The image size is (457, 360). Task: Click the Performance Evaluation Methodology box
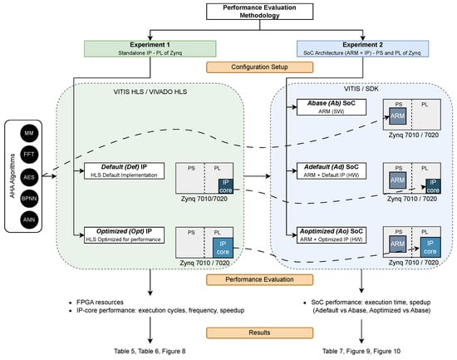click(x=260, y=12)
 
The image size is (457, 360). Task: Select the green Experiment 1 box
click(x=150, y=48)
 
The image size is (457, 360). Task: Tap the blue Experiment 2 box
click(x=362, y=48)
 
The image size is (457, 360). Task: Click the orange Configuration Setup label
click(x=260, y=67)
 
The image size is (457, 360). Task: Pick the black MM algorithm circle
click(x=29, y=133)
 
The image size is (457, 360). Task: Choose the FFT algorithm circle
click(x=29, y=155)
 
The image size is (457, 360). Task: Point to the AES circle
click(x=29, y=177)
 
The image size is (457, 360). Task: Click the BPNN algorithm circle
click(x=29, y=199)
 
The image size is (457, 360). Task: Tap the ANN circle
click(x=29, y=220)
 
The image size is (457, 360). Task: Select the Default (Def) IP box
click(x=124, y=171)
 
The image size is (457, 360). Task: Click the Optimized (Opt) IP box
click(x=124, y=235)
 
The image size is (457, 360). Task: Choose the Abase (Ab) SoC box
click(x=332, y=107)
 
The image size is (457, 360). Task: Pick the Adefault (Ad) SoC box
click(x=332, y=171)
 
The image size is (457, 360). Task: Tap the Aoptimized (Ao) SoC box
click(x=332, y=235)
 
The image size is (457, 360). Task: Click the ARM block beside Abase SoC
click(x=397, y=116)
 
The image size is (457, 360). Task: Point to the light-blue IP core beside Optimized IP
click(x=223, y=248)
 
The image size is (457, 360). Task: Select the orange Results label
click(x=260, y=333)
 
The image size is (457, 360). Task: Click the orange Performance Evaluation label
click(x=260, y=279)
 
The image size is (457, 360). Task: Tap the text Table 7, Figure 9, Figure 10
click(x=361, y=351)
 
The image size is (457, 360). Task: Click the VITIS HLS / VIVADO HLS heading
click(x=150, y=92)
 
